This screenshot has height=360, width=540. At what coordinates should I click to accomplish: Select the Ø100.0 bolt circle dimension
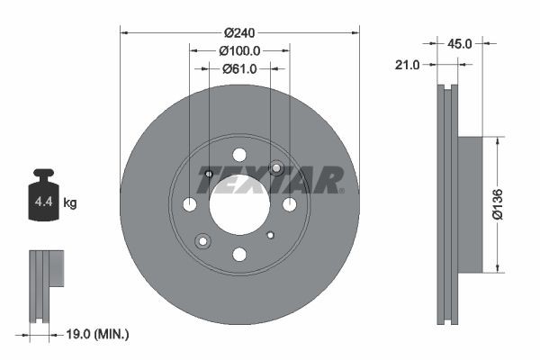pyautogui.click(x=240, y=51)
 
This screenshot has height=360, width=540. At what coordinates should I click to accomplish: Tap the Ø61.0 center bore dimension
pyautogui.click(x=239, y=68)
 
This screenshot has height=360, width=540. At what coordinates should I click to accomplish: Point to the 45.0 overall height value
pyautogui.click(x=460, y=41)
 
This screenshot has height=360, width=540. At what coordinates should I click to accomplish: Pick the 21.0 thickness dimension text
pyautogui.click(x=409, y=64)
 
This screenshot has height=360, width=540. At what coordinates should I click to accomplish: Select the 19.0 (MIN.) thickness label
pyautogui.click(x=99, y=334)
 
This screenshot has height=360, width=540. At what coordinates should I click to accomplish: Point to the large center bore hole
pyautogui.click(x=239, y=204)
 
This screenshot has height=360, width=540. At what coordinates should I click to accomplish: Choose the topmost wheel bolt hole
pyautogui.click(x=239, y=154)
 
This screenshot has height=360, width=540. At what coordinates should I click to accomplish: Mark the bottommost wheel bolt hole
pyautogui.click(x=239, y=255)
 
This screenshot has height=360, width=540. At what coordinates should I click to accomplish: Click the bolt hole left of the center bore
pyautogui.click(x=189, y=205)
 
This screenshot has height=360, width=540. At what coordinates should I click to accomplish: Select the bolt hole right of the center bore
pyautogui.click(x=290, y=205)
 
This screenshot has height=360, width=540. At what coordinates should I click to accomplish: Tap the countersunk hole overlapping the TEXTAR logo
pyautogui.click(x=276, y=168)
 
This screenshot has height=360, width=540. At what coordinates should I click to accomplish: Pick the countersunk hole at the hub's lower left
pyautogui.click(x=203, y=240)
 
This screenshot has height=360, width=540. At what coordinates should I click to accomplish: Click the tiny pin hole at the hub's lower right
pyautogui.click(x=271, y=235)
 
